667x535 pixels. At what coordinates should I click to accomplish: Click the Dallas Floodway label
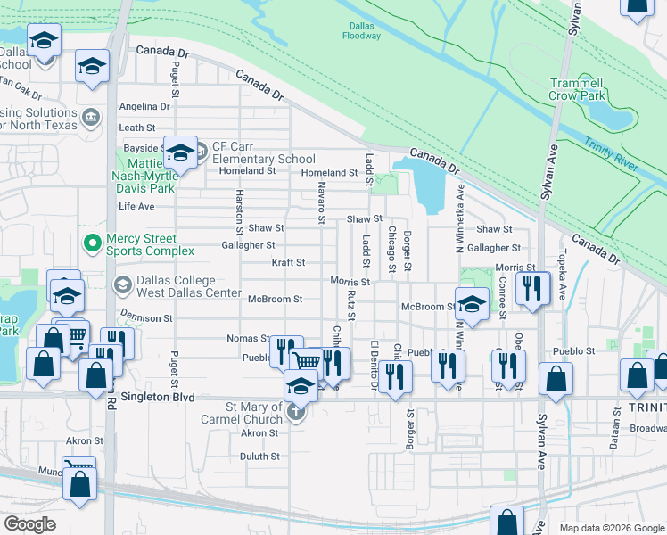(x=361, y=29)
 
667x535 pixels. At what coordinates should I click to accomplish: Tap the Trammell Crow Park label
(x=577, y=88)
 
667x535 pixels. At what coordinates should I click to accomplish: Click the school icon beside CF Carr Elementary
(x=181, y=152)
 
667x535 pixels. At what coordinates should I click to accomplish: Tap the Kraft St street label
(x=288, y=263)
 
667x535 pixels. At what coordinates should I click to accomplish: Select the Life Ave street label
(x=136, y=206)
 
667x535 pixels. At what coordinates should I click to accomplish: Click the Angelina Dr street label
(x=144, y=106)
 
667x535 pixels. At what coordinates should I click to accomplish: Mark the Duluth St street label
(x=259, y=456)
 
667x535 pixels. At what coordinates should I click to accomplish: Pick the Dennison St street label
(x=142, y=317)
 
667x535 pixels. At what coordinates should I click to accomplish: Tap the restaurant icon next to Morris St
(x=531, y=287)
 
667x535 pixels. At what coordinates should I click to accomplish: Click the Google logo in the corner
(x=31, y=524)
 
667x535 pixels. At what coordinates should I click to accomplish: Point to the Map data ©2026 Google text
(x=611, y=528)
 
